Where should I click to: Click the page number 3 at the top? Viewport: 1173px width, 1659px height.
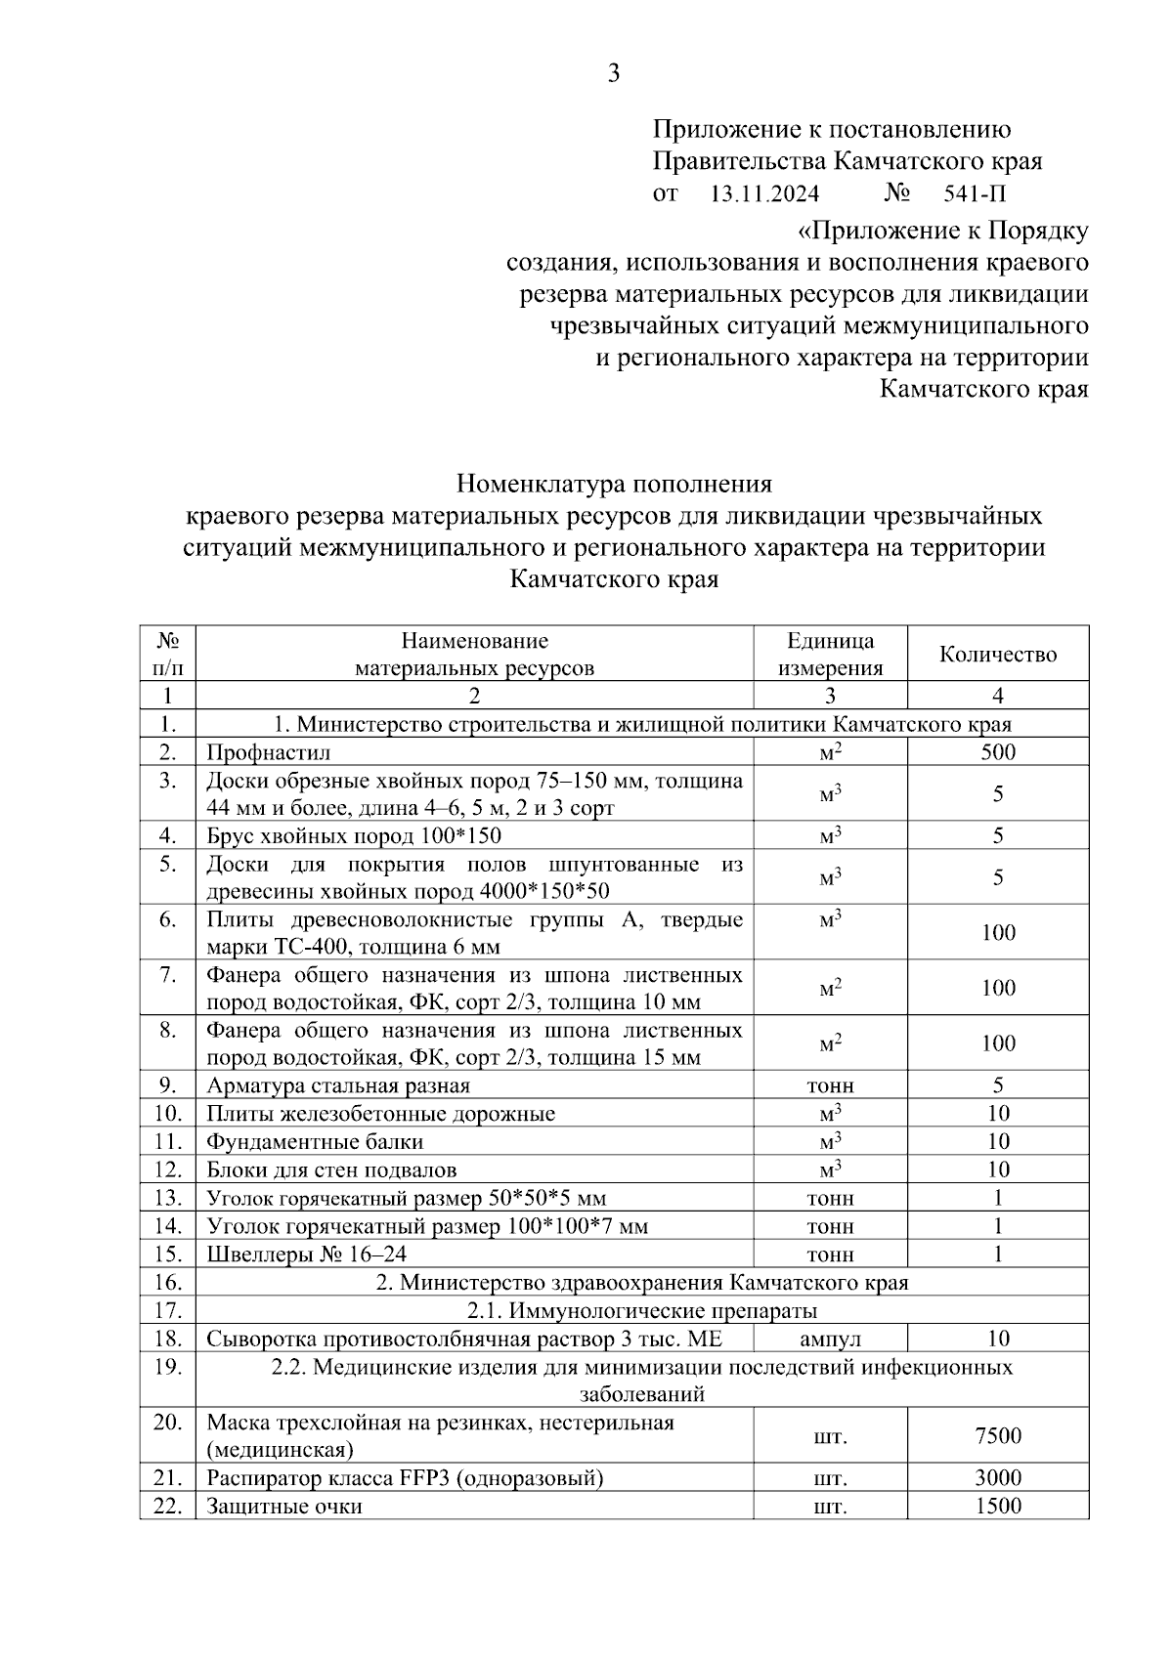(613, 74)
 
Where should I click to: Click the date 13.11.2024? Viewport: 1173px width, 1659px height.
(763, 193)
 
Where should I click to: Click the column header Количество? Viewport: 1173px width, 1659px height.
(997, 654)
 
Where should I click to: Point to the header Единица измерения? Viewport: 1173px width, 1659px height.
(830, 654)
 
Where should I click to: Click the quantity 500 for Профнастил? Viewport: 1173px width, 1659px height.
(997, 751)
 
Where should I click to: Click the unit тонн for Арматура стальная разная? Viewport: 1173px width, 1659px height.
(830, 1085)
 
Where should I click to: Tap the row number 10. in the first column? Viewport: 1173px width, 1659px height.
(167, 1113)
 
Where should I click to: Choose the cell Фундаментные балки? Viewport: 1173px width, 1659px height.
(315, 1141)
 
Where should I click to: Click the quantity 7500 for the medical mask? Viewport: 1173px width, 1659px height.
(997, 1435)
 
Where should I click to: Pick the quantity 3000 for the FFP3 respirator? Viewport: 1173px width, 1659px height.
(997, 1477)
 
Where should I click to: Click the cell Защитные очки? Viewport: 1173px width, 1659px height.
(284, 1506)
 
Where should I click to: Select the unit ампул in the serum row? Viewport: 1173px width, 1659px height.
(830, 1339)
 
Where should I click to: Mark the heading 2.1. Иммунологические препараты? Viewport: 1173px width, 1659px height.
(641, 1310)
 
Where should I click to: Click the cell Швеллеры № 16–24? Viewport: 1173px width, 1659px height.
(306, 1254)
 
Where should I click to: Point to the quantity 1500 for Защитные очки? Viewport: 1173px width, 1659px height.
(997, 1506)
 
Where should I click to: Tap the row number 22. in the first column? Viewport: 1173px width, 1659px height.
(167, 1506)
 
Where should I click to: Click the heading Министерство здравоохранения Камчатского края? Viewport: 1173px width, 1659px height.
(641, 1282)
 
